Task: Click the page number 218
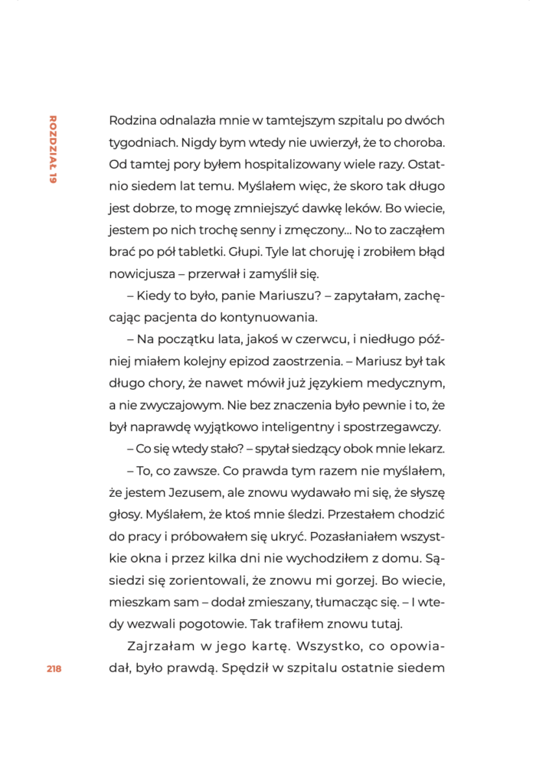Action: pos(54,668)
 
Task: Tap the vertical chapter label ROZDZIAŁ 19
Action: pos(53,149)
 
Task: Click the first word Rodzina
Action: pos(135,121)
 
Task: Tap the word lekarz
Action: pos(426,447)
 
